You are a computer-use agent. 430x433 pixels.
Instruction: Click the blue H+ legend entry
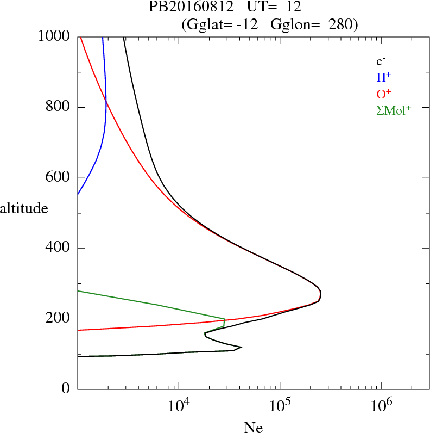pyautogui.click(x=384, y=77)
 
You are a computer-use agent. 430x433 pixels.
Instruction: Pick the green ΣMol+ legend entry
pyautogui.click(x=394, y=110)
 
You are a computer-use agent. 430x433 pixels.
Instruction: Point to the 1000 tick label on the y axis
pyautogui.click(x=54, y=36)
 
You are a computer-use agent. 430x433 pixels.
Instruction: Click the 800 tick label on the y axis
pyautogui.click(x=58, y=107)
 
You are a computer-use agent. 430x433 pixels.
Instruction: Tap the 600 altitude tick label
pyautogui.click(x=58, y=178)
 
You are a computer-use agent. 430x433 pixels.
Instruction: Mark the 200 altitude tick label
pyautogui.click(x=58, y=319)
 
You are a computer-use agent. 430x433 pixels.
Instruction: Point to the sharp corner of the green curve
pyautogui.click(x=224, y=319)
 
